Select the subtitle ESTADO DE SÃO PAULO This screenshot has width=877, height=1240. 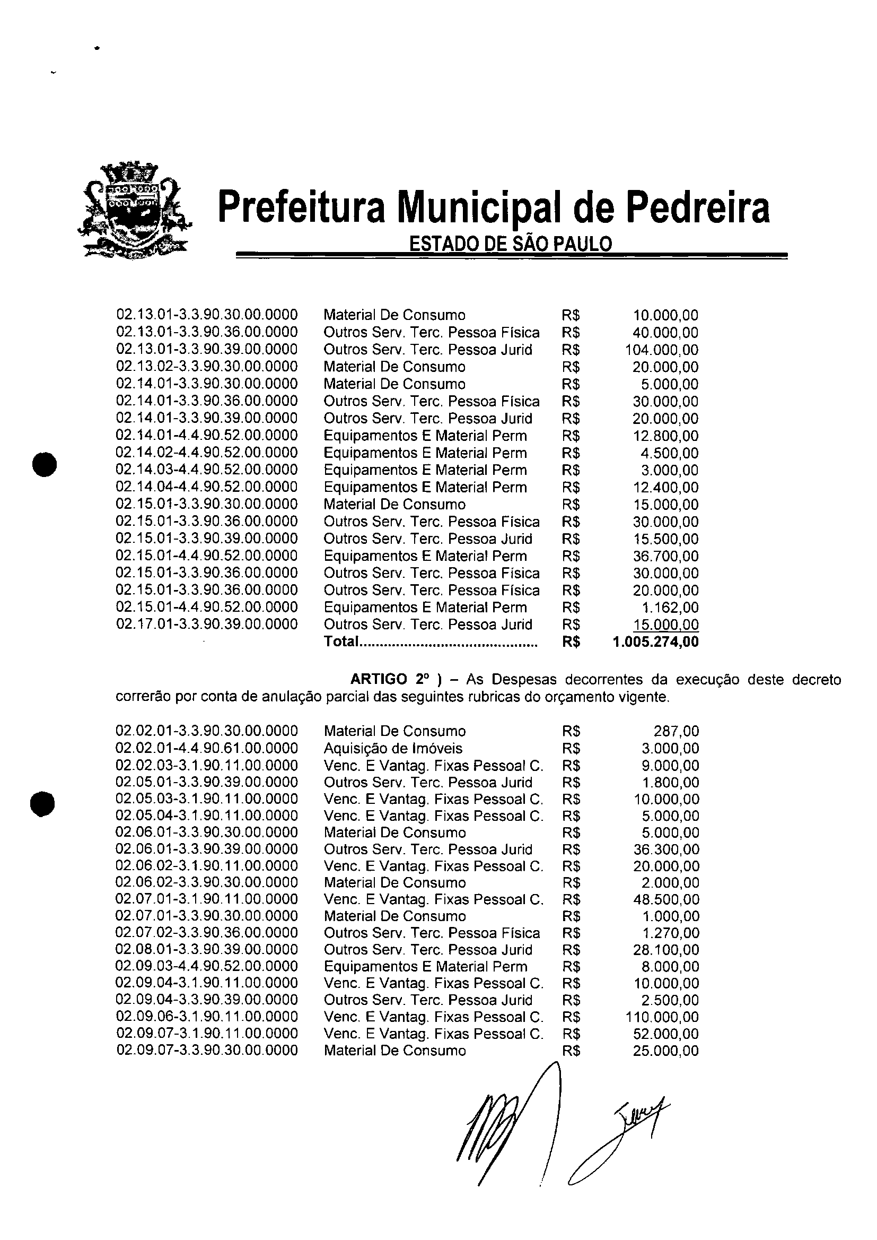click(510, 244)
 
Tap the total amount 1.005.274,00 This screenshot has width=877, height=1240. click(656, 642)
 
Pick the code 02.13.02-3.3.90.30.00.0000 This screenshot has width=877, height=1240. click(207, 367)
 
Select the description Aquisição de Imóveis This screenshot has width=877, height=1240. click(393, 748)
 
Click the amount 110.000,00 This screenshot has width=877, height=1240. click(662, 1017)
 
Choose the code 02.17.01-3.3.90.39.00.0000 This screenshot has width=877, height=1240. click(207, 625)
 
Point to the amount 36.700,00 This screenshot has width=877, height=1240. click(665, 556)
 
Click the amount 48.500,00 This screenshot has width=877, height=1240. click(666, 899)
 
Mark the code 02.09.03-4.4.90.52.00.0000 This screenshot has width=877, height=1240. click(207, 967)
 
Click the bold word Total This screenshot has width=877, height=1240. click(341, 642)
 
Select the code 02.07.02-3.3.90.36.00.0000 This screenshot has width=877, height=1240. click(207, 933)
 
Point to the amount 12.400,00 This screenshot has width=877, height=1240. click(665, 488)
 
